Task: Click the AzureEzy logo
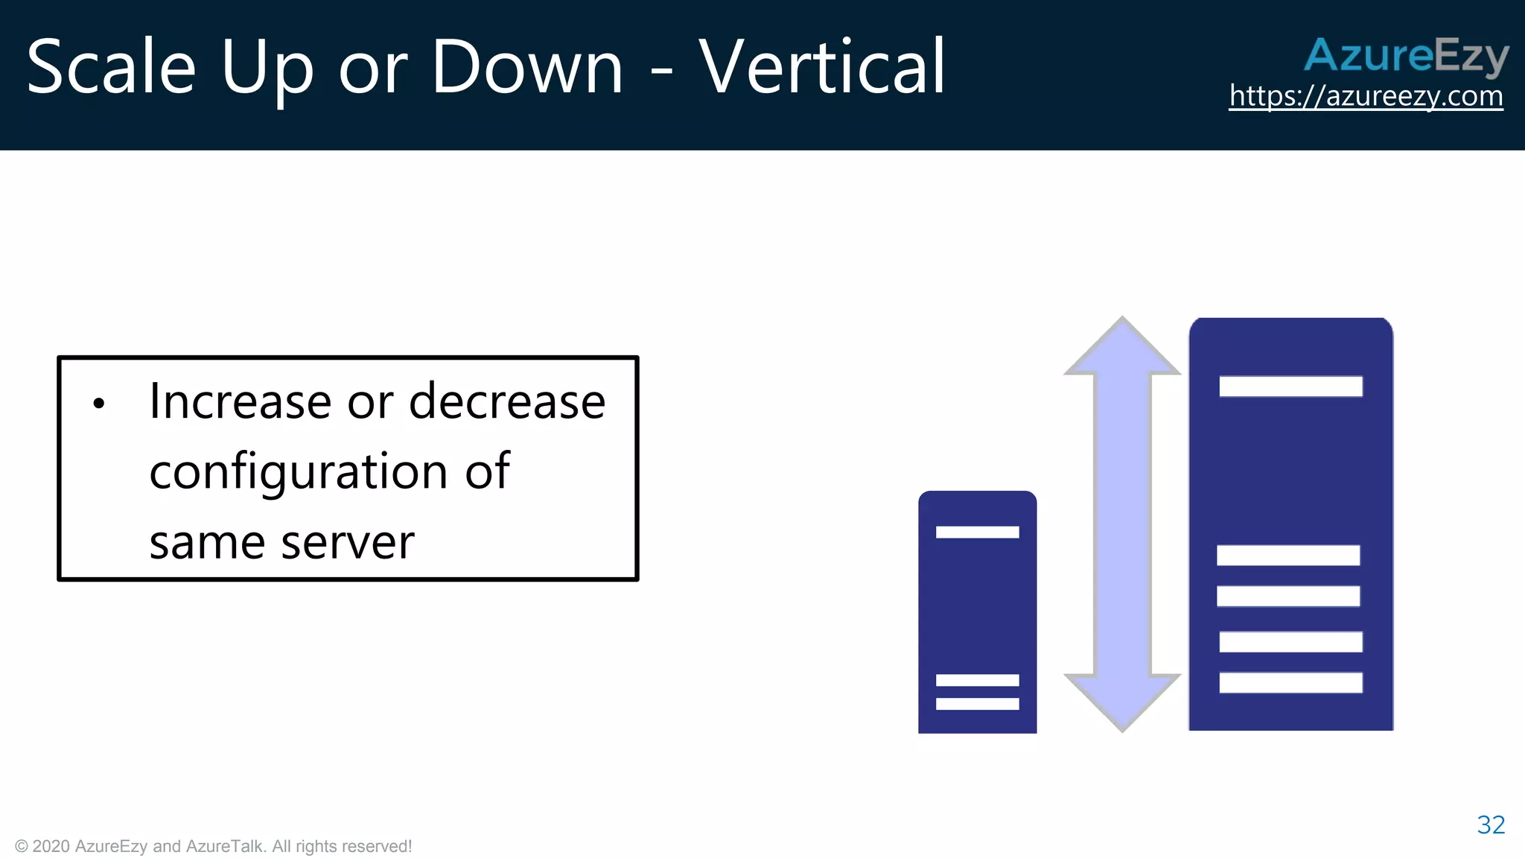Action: (x=1406, y=56)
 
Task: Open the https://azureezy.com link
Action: (x=1366, y=96)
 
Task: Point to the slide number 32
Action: (x=1491, y=824)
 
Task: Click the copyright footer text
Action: (x=213, y=846)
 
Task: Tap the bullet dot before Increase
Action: (x=99, y=404)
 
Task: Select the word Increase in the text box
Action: (x=240, y=401)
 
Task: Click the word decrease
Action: (x=507, y=401)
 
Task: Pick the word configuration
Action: (x=298, y=472)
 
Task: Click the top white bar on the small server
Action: (x=977, y=532)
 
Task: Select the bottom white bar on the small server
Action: (x=977, y=704)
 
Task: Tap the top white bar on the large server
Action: (x=1290, y=387)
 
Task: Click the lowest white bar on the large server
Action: (x=1290, y=683)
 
